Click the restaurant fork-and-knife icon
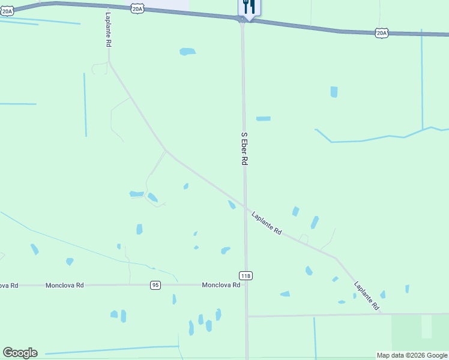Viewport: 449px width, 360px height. pyautogui.click(x=249, y=7)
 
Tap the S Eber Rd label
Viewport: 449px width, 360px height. pyautogui.click(x=244, y=149)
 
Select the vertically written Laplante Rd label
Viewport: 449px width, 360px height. pyautogui.click(x=108, y=30)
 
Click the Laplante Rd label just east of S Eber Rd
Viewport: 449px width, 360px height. pyautogui.click(x=267, y=223)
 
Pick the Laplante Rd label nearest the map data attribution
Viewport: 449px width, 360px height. pyautogui.click(x=367, y=296)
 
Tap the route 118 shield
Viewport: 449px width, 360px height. pyautogui.click(x=246, y=275)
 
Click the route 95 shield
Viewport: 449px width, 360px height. pyautogui.click(x=155, y=285)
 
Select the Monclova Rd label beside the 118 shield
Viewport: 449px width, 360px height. pyautogui.click(x=221, y=285)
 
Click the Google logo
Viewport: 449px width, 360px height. pyautogui.click(x=20, y=353)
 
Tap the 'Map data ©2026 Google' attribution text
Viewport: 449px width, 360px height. pyautogui.click(x=412, y=355)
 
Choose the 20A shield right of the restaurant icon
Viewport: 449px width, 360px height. pyautogui.click(x=382, y=32)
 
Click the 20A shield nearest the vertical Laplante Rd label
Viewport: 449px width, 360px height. pyautogui.click(x=137, y=8)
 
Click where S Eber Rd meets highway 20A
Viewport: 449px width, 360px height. pyautogui.click(x=243, y=19)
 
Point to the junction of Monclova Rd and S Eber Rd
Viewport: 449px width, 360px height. pyautogui.click(x=246, y=285)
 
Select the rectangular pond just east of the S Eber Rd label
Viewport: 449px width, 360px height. pyautogui.click(x=263, y=118)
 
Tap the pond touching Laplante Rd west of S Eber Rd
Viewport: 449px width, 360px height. pyautogui.click(x=232, y=205)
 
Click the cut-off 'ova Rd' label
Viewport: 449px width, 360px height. pyautogui.click(x=8, y=285)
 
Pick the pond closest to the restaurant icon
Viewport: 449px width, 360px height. pyautogui.click(x=187, y=52)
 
